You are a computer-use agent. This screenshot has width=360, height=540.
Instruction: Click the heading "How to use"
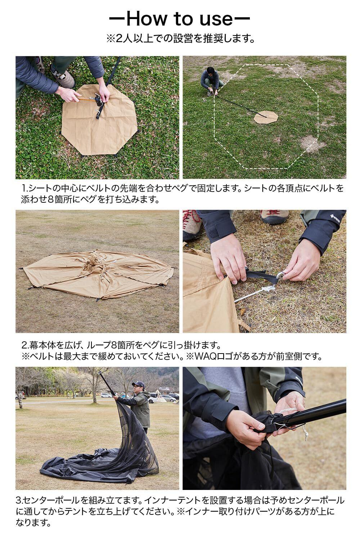(180, 19)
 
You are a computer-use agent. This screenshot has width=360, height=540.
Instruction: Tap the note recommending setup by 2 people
(180, 38)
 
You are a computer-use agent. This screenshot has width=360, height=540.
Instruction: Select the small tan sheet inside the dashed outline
(266, 117)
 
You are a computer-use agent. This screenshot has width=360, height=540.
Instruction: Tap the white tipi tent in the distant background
(160, 396)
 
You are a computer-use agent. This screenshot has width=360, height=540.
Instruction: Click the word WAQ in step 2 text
(205, 356)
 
